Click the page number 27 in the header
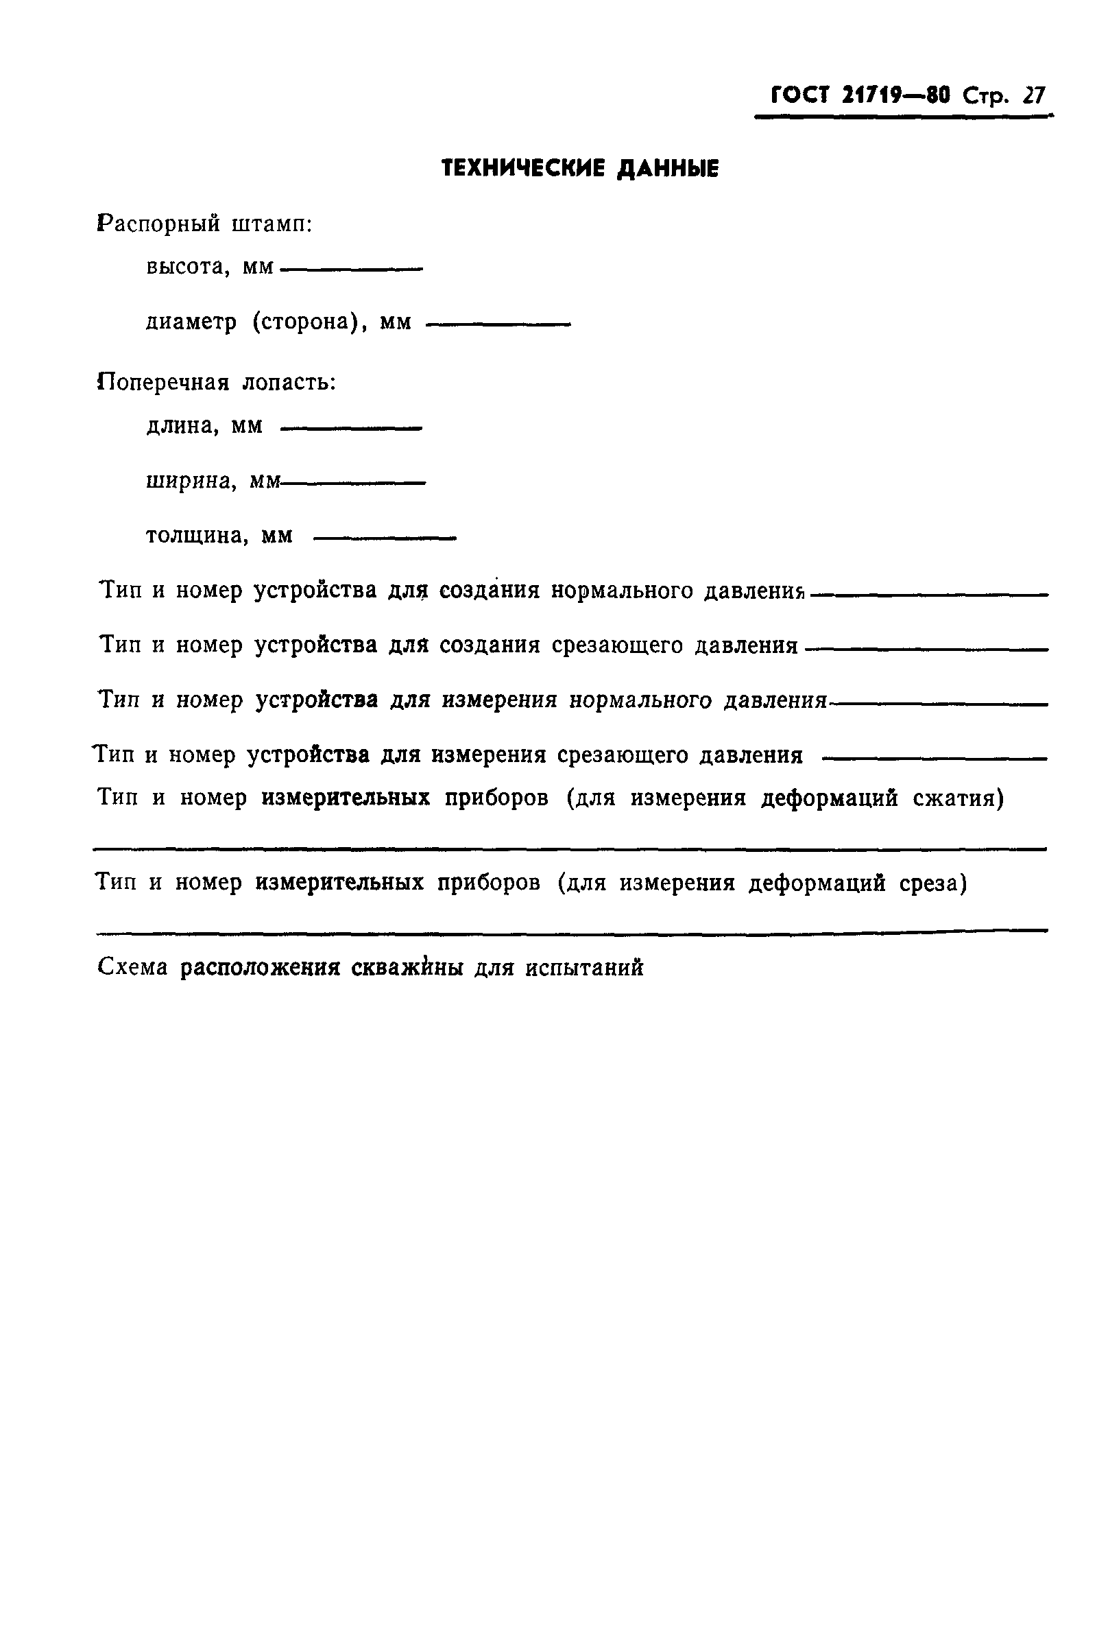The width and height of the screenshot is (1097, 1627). click(1033, 95)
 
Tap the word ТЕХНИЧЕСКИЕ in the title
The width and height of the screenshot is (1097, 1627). click(522, 169)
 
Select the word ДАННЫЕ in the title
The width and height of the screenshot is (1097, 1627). click(667, 169)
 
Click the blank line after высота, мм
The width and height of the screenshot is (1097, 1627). click(351, 270)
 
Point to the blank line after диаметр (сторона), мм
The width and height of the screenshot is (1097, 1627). click(498, 324)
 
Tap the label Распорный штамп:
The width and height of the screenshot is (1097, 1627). click(204, 224)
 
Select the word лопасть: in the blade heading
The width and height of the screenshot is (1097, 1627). click(289, 383)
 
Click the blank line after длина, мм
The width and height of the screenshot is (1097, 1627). click(351, 428)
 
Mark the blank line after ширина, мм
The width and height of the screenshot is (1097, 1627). click(352, 483)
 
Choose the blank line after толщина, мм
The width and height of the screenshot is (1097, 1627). click(385, 538)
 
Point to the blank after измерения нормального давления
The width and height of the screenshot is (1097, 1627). click(937, 704)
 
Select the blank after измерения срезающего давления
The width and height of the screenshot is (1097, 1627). click(934, 759)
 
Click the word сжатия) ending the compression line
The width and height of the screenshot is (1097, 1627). click(958, 798)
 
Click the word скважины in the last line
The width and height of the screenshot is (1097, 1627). click(407, 969)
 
